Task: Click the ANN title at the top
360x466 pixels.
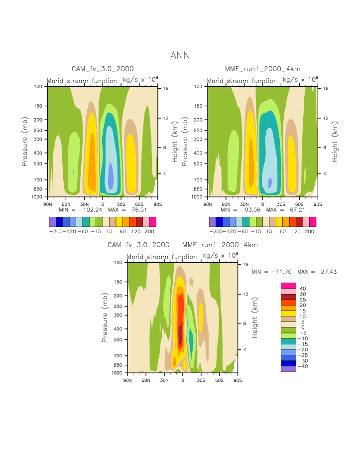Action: (180, 55)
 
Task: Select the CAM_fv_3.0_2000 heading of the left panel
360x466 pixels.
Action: (103, 69)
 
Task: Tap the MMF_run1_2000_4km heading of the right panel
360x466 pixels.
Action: (262, 69)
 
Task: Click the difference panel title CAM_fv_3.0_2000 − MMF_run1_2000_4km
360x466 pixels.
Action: (183, 245)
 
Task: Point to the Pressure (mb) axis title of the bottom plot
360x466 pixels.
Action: (105, 317)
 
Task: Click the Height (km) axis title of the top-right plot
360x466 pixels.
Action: (335, 142)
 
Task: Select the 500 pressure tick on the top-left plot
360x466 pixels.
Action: (40, 163)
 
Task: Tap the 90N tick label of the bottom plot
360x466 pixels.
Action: (127, 380)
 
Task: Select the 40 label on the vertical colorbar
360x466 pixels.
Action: (302, 289)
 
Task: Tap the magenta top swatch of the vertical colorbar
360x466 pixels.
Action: (288, 286)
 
